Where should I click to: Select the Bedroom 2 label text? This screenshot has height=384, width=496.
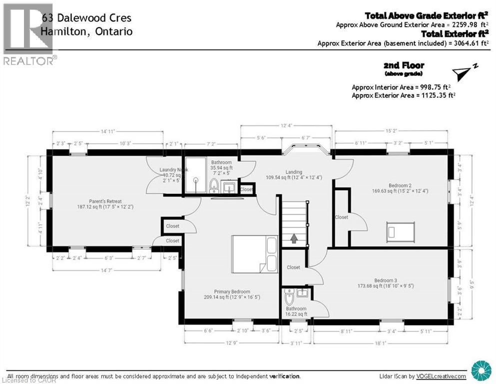(394, 187)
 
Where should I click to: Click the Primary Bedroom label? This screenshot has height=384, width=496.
(232, 294)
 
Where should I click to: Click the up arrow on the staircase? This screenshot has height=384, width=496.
(294, 238)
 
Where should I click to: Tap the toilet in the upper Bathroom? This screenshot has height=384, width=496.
(214, 185)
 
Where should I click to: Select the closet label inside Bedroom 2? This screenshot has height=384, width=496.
(342, 217)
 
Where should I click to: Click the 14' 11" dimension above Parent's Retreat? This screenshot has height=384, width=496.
(108, 131)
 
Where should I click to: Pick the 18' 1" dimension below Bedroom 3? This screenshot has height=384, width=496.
(383, 343)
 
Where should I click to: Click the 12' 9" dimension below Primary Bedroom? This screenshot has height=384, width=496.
(231, 343)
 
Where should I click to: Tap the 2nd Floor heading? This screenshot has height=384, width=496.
(404, 65)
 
